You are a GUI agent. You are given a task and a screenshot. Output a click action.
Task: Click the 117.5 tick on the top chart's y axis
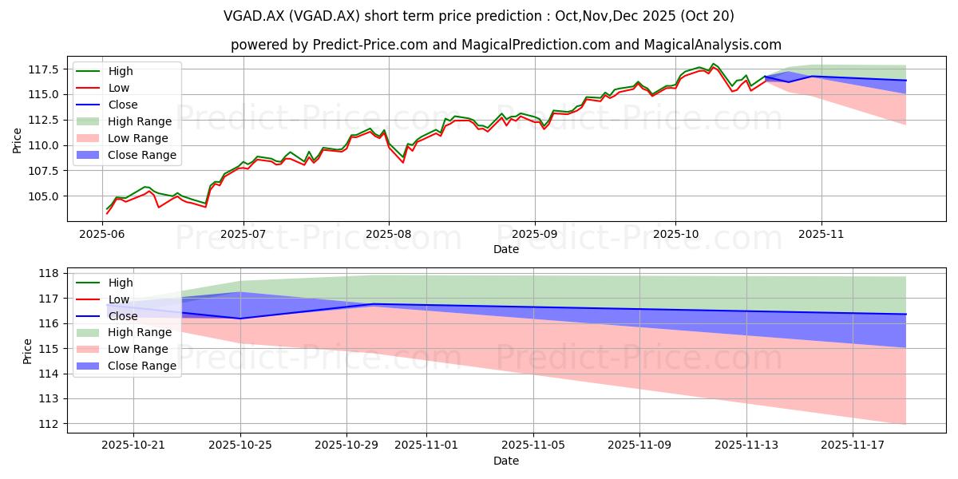[45, 69]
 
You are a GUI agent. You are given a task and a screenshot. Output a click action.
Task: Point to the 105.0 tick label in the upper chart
[45, 196]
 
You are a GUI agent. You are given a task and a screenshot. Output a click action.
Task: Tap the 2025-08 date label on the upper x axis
[389, 235]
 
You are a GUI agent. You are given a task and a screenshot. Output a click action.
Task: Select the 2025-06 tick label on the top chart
[102, 235]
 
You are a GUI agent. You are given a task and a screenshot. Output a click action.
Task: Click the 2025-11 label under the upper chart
[821, 235]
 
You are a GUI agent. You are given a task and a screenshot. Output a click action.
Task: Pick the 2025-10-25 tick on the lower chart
[240, 445]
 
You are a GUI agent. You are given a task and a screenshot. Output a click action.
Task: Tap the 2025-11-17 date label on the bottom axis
[853, 445]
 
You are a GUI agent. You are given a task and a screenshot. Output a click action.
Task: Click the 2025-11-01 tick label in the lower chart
[426, 445]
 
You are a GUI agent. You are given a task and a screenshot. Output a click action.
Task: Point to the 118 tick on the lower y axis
[50, 273]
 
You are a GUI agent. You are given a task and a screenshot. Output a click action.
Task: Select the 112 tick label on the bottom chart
[50, 424]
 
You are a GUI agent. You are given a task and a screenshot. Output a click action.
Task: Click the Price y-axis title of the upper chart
[17, 141]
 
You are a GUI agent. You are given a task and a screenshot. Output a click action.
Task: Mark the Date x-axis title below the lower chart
[506, 461]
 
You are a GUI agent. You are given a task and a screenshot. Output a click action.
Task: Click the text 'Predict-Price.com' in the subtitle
[370, 45]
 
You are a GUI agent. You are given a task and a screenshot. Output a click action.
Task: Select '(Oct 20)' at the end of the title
[707, 16]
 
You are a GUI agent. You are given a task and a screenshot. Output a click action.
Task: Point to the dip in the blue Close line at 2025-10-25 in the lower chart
[240, 319]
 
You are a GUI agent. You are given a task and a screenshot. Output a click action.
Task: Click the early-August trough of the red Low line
[403, 162]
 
